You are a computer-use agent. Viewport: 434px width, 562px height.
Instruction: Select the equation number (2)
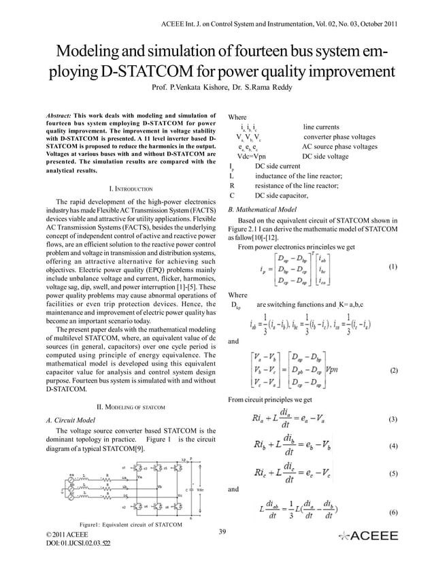(x=393, y=371)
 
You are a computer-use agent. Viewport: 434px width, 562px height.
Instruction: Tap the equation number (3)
(x=393, y=420)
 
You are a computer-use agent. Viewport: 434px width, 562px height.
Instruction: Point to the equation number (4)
(x=393, y=446)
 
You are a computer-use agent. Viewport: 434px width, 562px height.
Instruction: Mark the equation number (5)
(x=393, y=473)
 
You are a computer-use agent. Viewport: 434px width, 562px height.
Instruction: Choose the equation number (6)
(x=393, y=512)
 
